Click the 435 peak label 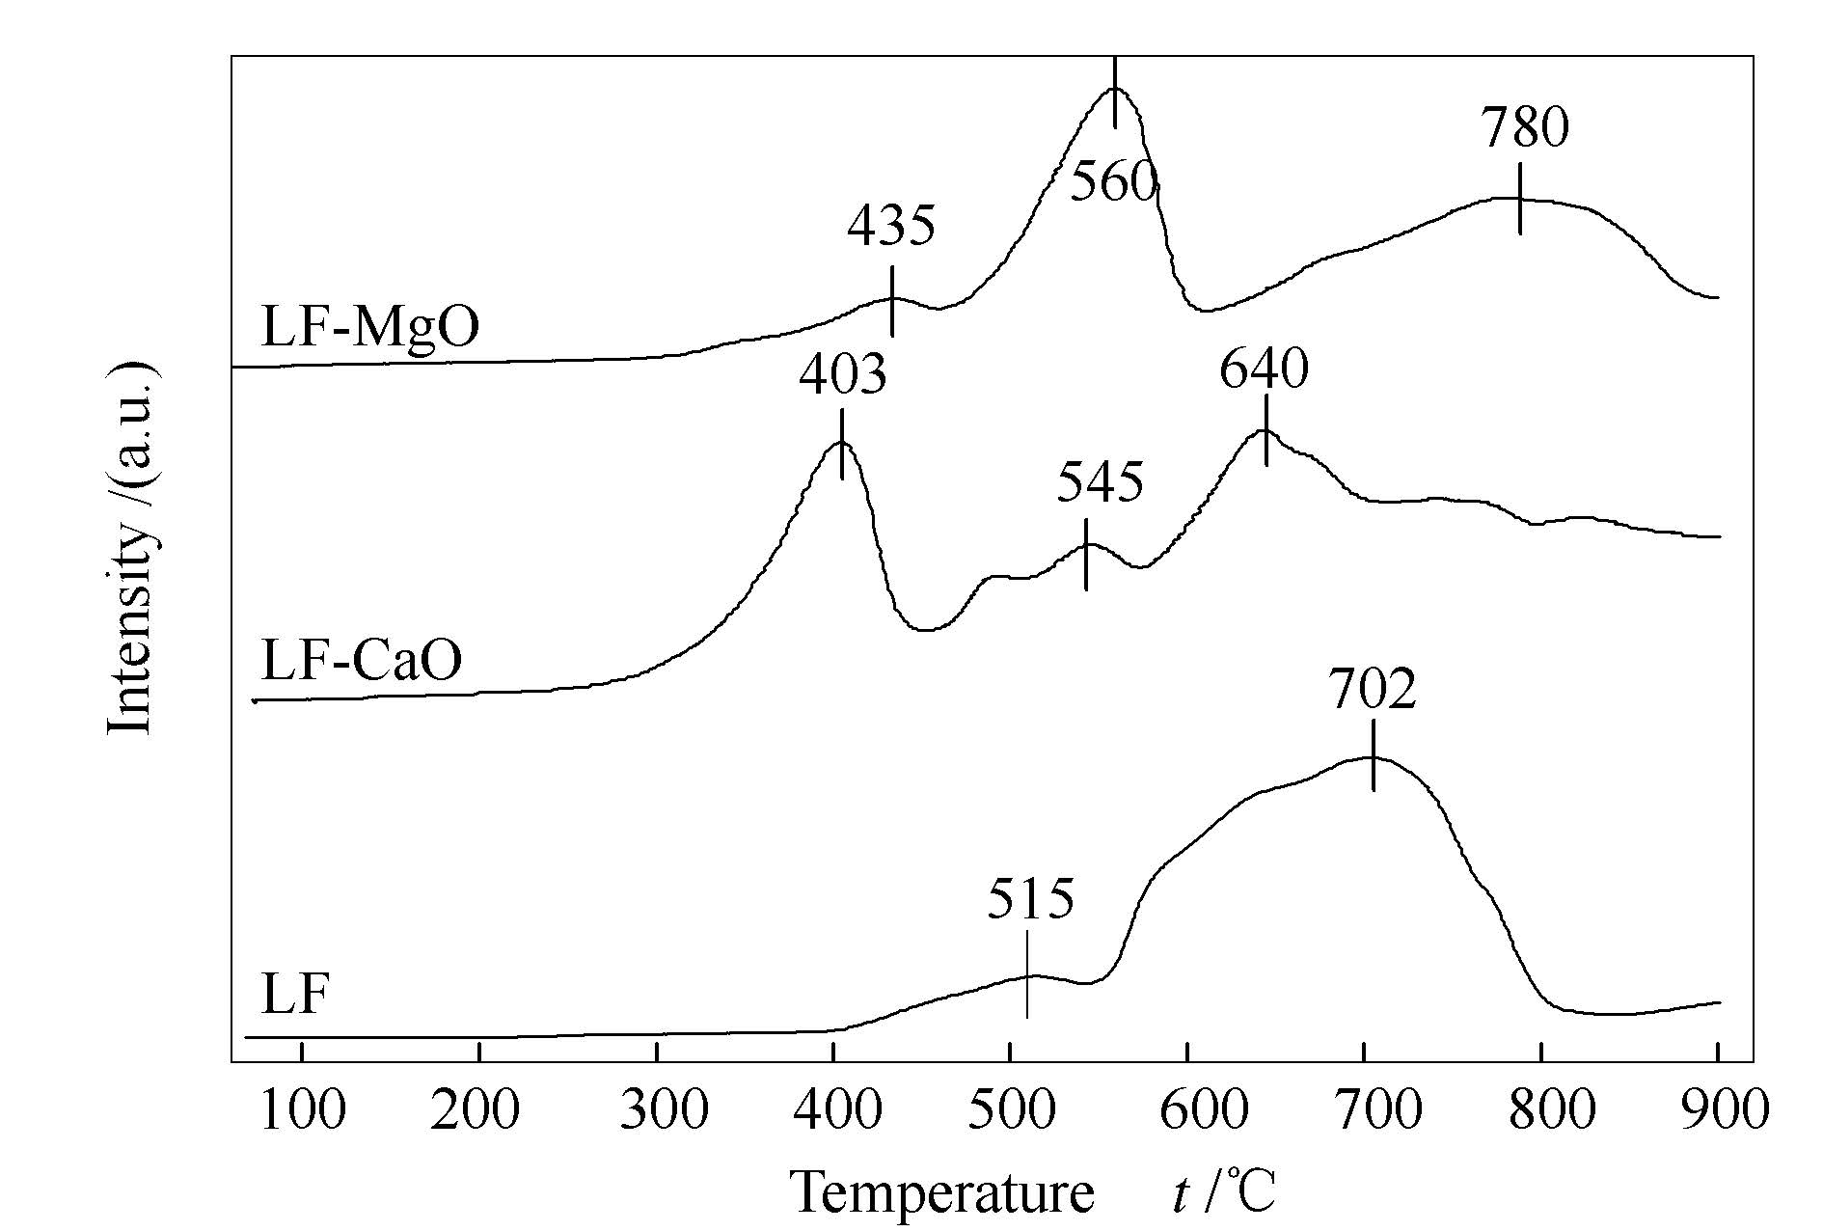[x=891, y=226]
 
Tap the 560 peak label [x=1114, y=181]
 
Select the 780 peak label [x=1525, y=127]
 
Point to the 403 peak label [x=842, y=373]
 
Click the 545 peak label [x=1100, y=481]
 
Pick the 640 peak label [x=1264, y=369]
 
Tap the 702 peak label [x=1373, y=689]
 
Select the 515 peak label [x=1030, y=899]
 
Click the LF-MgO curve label [x=370, y=327]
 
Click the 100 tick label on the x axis [x=302, y=1110]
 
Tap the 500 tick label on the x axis [x=1010, y=1110]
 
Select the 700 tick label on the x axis [x=1364, y=1110]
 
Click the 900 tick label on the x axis [x=1718, y=1110]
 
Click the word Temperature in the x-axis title [x=942, y=1192]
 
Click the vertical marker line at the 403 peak [x=842, y=444]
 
